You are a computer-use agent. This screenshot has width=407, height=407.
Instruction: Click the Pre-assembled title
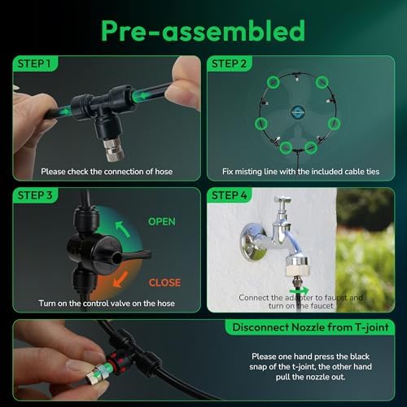tap(203, 31)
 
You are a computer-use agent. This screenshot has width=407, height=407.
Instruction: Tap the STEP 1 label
tap(34, 63)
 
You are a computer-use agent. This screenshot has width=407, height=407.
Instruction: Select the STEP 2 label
tap(229, 63)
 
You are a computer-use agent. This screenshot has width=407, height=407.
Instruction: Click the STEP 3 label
tap(35, 195)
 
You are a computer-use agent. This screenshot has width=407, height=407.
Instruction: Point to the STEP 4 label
tap(230, 195)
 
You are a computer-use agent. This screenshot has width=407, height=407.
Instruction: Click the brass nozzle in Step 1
tap(114, 148)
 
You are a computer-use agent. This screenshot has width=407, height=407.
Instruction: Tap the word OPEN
tap(162, 221)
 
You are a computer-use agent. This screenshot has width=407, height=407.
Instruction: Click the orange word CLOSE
tap(164, 282)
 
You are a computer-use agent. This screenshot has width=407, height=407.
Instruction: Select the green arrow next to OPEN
tap(123, 230)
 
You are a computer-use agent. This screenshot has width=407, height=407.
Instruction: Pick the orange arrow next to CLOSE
tap(120, 279)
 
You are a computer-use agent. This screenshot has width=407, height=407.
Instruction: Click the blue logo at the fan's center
tap(298, 112)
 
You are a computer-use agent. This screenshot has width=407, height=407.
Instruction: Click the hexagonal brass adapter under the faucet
tap(296, 266)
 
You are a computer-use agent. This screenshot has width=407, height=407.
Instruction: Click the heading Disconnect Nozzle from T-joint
tap(310, 327)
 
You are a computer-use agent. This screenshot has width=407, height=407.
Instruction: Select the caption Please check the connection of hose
tap(107, 172)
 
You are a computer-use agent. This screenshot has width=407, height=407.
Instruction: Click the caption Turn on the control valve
tap(107, 303)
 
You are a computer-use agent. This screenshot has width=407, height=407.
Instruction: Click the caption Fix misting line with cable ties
tap(300, 172)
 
